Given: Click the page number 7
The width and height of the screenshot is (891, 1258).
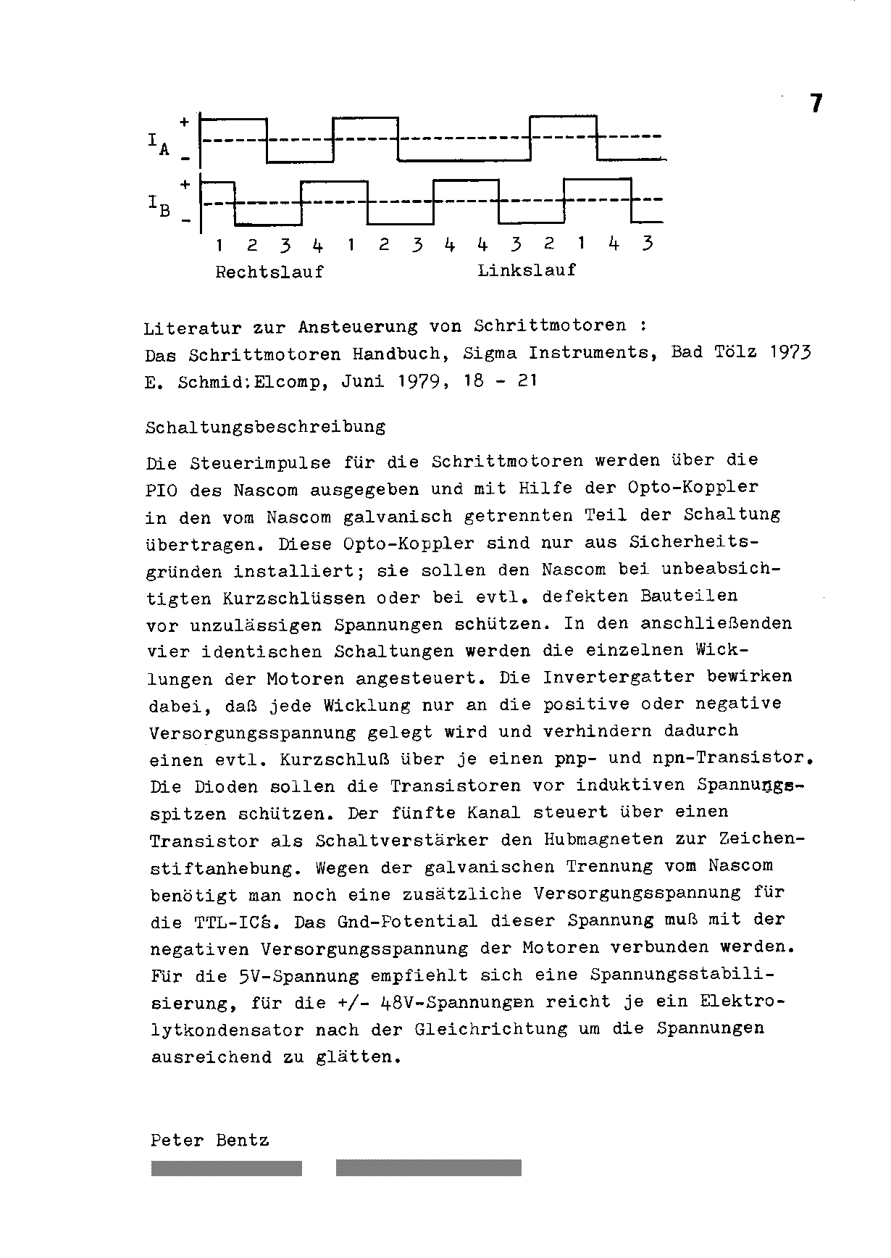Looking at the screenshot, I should (x=816, y=104).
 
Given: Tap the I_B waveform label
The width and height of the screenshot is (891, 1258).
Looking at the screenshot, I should (x=159, y=207).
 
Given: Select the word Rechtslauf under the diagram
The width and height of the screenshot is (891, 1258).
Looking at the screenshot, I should (x=269, y=272).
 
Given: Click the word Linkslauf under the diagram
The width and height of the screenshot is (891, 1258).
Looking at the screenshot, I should (x=527, y=270).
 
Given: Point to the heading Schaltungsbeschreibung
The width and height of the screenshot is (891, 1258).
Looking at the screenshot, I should (x=265, y=427).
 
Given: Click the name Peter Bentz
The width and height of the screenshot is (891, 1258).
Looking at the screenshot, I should (x=209, y=1141).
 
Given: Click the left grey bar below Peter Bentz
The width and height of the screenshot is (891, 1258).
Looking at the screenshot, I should (x=227, y=1167).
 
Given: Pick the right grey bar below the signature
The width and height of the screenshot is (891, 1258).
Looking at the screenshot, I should (x=428, y=1167).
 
